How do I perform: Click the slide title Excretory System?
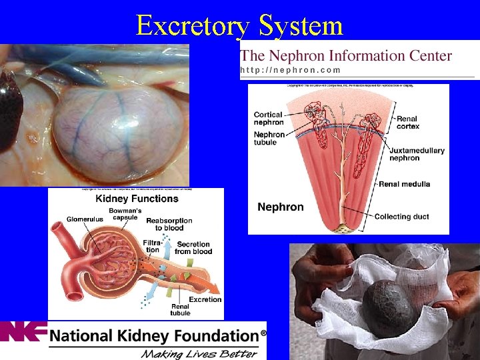pyautogui.click(x=239, y=25)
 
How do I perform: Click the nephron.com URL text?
pyautogui.click(x=290, y=70)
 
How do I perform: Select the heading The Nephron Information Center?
pyautogui.click(x=346, y=56)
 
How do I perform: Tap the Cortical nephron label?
pyautogui.click(x=268, y=119)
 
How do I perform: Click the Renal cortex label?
pyautogui.click(x=408, y=122)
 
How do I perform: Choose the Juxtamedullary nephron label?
pyautogui.click(x=417, y=155)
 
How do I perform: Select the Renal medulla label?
pyautogui.click(x=405, y=184)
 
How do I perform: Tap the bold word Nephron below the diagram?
pyautogui.click(x=280, y=207)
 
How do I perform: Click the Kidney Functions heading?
pyautogui.click(x=137, y=199)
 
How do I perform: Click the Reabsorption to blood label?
pyautogui.click(x=169, y=224)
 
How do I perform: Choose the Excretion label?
pyautogui.click(x=205, y=299)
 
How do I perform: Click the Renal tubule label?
pyautogui.click(x=180, y=309)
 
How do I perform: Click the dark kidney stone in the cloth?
pyautogui.click(x=391, y=307)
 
